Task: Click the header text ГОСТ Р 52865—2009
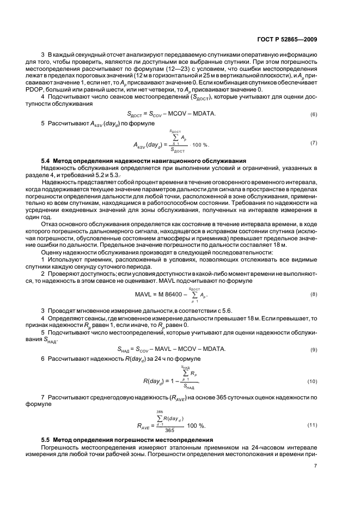tap(294, 39)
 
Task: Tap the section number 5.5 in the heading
tap(47, 439)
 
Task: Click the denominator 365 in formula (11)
tap(160, 430)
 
